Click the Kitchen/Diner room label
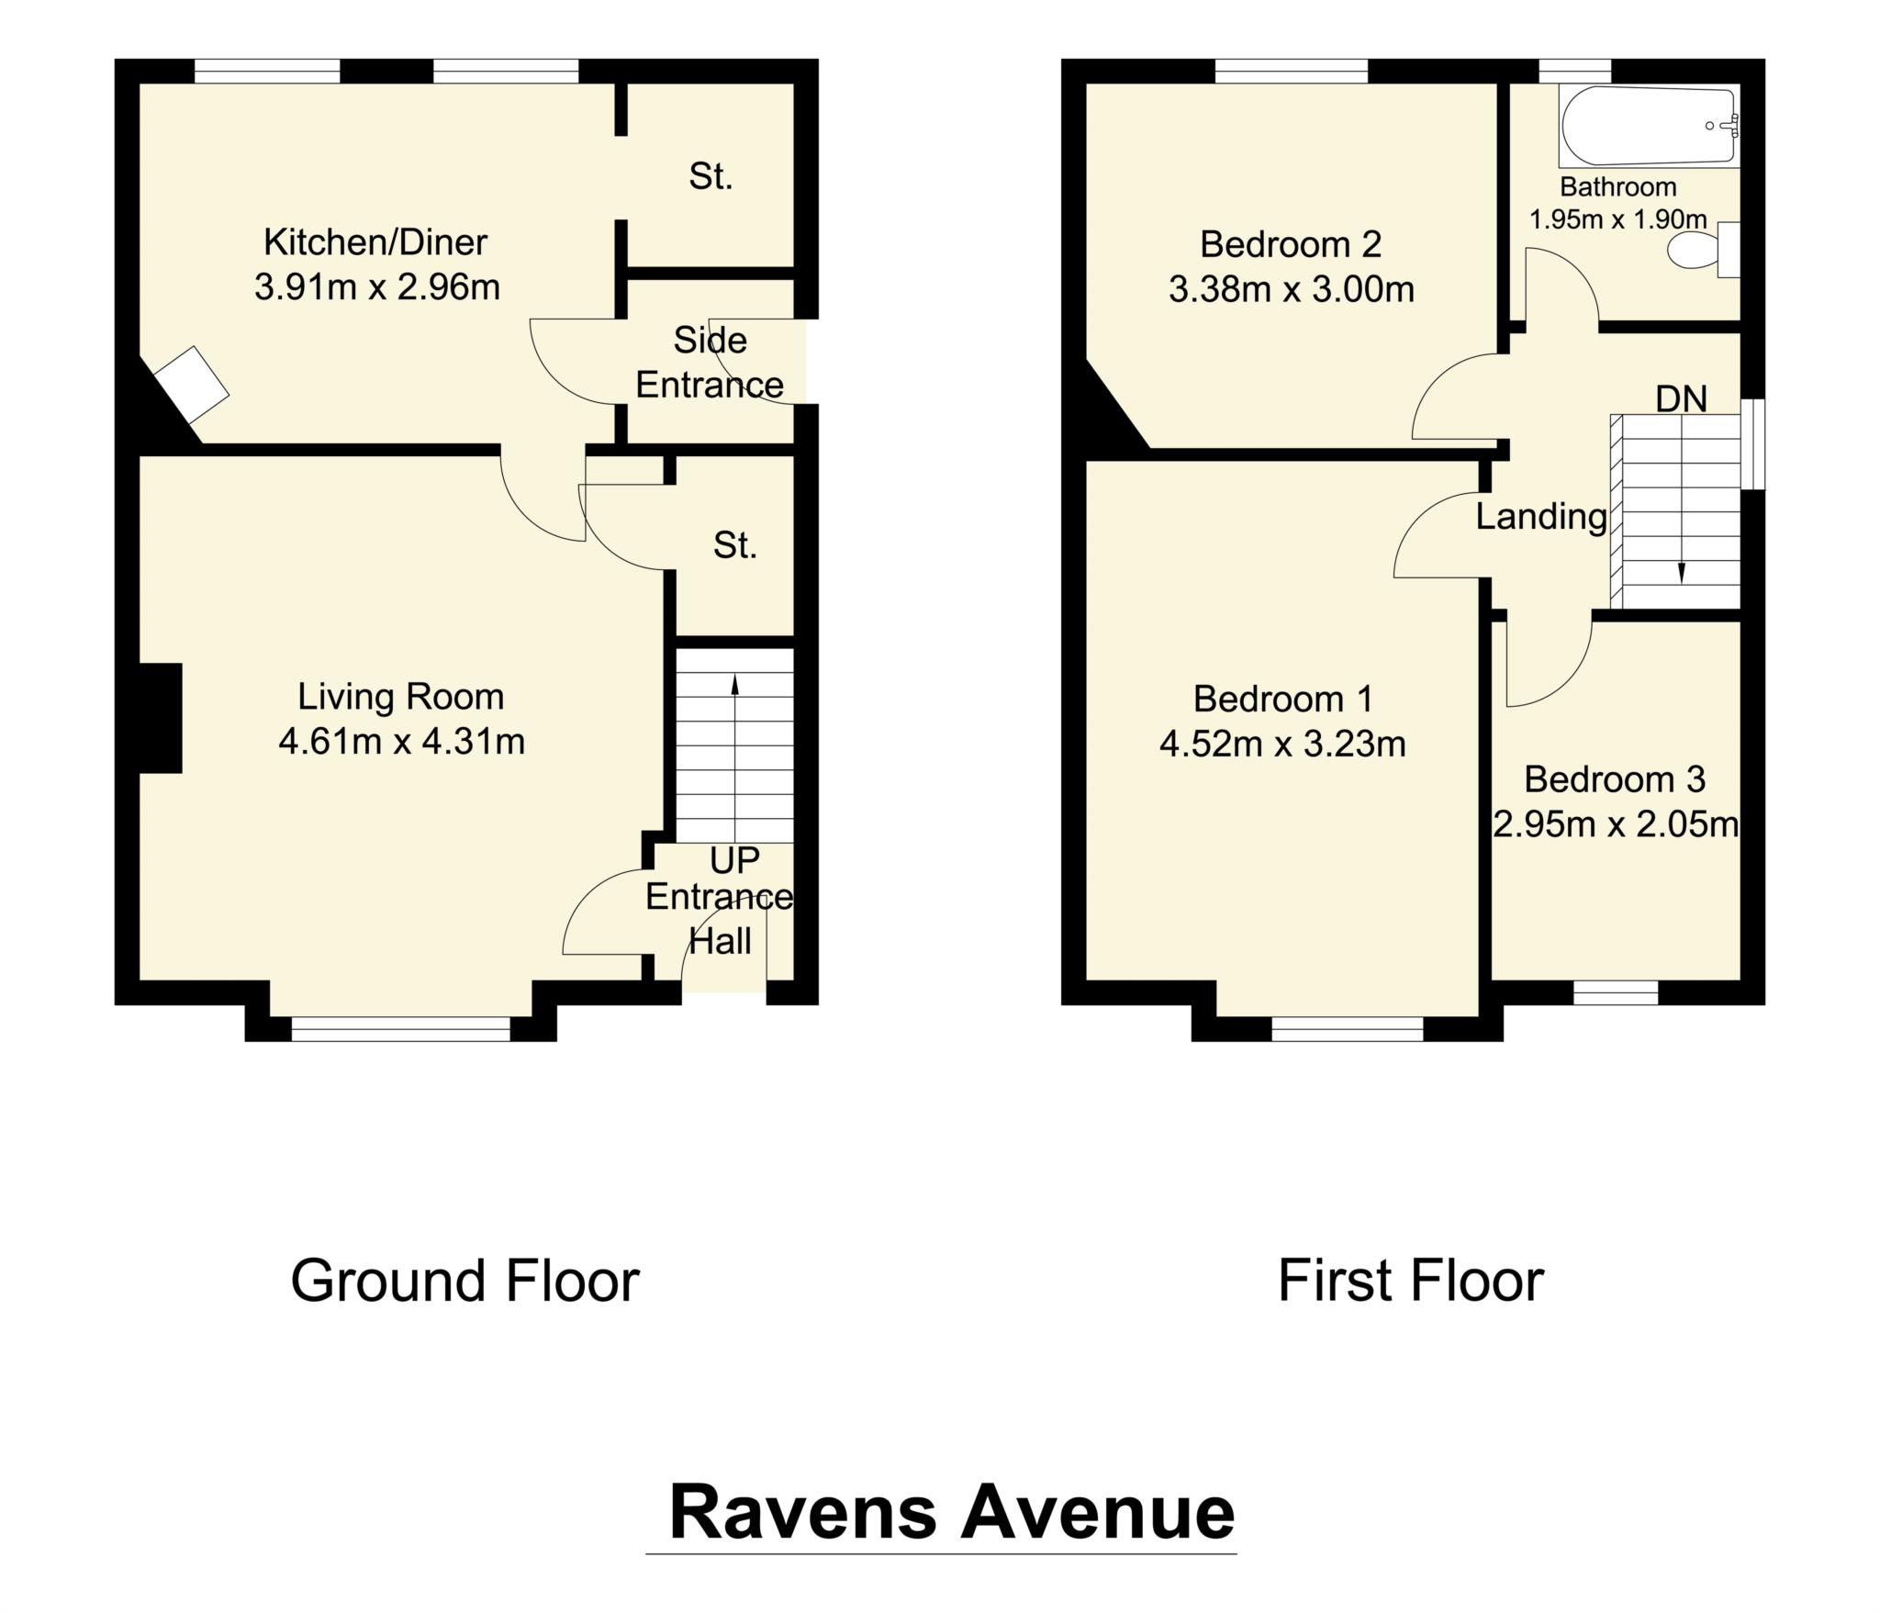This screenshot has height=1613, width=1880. coord(375,242)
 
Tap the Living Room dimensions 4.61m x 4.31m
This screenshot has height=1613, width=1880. coord(401,742)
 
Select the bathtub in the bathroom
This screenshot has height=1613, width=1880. coord(1648,127)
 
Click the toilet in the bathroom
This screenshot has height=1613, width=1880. coord(1694,250)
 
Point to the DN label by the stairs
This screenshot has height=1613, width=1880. coord(1681,399)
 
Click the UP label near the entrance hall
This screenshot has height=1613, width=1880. coord(734,860)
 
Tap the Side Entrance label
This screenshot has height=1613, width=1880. coord(710,363)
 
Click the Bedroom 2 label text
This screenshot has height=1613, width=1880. coord(1291,244)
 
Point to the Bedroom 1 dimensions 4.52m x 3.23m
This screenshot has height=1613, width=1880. coord(1282,745)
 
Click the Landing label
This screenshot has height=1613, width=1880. coord(1541,517)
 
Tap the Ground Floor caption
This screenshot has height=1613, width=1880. coord(464,1282)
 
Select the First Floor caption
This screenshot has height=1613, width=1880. coord(1410,1282)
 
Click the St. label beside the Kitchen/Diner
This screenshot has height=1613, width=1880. coord(711,176)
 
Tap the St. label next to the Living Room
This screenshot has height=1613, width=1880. coord(734,546)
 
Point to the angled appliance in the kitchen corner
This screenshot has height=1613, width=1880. coord(191,384)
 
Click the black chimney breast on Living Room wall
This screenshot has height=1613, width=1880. coord(162,717)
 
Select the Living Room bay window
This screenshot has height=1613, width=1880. coord(400,1029)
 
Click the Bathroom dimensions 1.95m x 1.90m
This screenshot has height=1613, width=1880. coord(1617,219)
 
